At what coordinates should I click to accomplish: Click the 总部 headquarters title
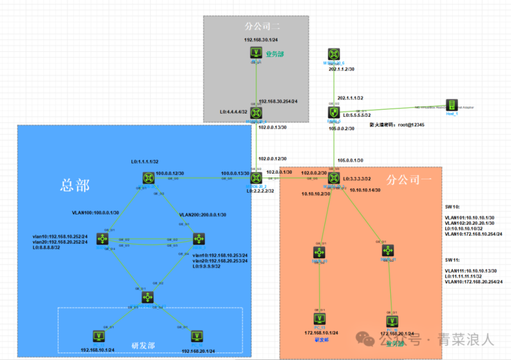(x=74, y=185)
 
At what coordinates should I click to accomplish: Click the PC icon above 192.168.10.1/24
(x=98, y=335)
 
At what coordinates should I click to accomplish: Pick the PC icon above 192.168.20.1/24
(x=195, y=335)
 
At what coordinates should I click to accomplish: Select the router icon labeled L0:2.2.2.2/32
(x=256, y=178)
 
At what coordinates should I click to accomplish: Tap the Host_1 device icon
(x=452, y=105)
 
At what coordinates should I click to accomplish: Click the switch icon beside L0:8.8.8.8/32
(x=102, y=239)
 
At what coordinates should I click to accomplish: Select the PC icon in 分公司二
(x=257, y=54)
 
